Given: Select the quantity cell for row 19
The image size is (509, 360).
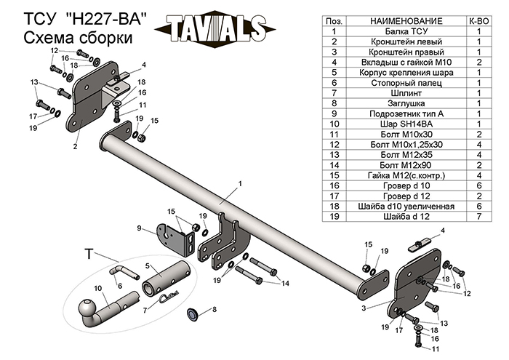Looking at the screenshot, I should pyautogui.click(x=479, y=215).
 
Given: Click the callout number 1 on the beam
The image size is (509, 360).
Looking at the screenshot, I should pyautogui.click(x=238, y=185).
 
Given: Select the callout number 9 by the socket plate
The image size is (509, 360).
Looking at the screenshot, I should pyautogui.click(x=138, y=228).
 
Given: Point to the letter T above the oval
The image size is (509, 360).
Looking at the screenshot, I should pyautogui.click(x=89, y=253).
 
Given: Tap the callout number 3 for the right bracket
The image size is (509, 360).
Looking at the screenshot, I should pyautogui.click(x=364, y=308).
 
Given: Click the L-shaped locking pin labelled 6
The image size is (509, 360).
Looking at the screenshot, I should pyautogui.click(x=124, y=272).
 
